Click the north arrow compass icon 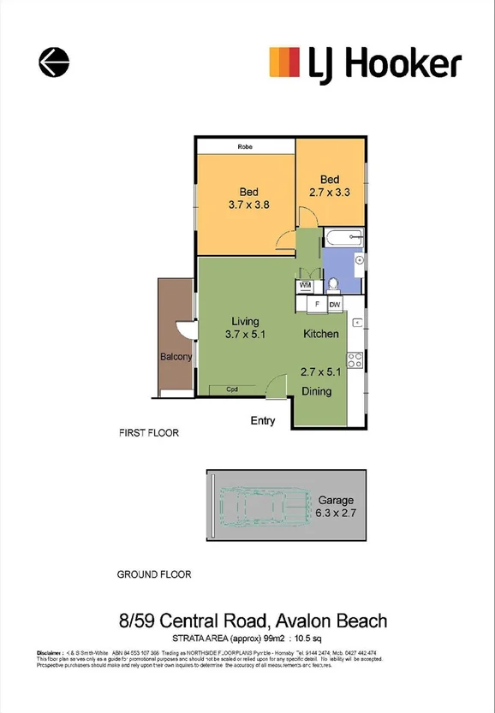point(54,62)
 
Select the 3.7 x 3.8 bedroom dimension point(249,205)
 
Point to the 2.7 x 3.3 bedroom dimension point(330,193)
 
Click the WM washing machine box point(305,285)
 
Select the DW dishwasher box point(335,304)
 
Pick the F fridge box point(317,304)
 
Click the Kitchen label point(321,333)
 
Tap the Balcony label point(176,357)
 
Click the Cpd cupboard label point(231,389)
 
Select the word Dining point(317,392)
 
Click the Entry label point(263,420)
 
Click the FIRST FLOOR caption point(149,433)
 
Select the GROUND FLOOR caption point(154,574)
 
